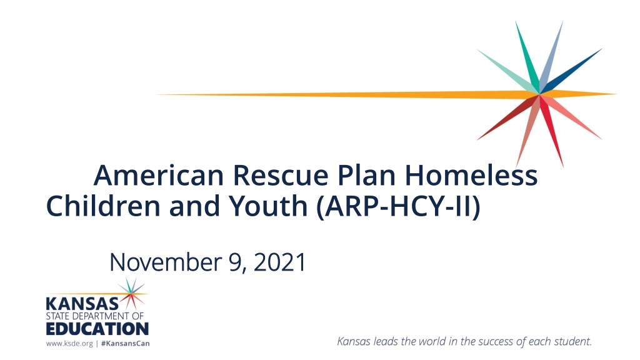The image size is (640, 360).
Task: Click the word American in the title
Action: (x=158, y=175)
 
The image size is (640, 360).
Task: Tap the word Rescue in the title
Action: (x=281, y=175)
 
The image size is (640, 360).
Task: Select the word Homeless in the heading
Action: (x=471, y=175)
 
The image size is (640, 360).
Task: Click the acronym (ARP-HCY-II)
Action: (x=398, y=206)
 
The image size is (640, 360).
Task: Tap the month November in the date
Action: (x=165, y=262)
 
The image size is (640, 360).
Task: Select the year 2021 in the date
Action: (x=279, y=262)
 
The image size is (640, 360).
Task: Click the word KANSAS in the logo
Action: (x=82, y=304)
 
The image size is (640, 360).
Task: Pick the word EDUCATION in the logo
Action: (x=97, y=329)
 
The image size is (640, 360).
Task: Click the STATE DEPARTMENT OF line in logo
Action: (x=95, y=316)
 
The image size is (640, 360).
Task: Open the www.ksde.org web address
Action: (x=69, y=344)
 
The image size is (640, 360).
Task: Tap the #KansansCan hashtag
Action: (x=125, y=344)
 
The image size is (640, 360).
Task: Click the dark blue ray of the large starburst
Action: (x=571, y=71)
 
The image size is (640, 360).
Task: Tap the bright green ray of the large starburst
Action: (x=527, y=57)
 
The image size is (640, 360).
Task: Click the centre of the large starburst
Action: (x=539, y=94)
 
